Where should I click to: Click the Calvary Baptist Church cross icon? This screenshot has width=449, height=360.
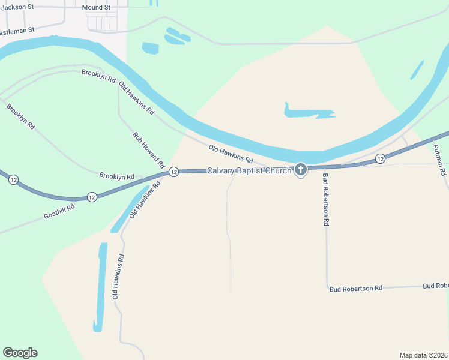300,170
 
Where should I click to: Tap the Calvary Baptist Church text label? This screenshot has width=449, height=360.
249,171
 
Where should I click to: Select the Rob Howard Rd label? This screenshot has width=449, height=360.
149,151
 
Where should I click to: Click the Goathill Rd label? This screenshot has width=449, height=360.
59,211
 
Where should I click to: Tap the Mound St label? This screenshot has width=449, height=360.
96,8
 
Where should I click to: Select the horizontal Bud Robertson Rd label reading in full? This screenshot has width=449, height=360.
356,289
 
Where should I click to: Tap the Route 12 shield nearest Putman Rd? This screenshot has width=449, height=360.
380,158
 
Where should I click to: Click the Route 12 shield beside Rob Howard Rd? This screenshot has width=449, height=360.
173,172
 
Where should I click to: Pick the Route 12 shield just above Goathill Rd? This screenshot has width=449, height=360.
91,197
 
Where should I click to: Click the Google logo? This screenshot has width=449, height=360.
20,353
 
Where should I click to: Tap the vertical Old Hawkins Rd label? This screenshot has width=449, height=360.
118,277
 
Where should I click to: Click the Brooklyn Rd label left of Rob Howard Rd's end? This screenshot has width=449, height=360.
116,176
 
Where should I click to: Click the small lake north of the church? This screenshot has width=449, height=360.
308,112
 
